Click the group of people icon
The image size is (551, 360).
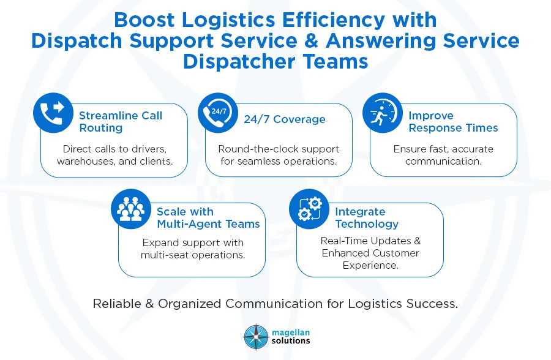(x=130, y=209)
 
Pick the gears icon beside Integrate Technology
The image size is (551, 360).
(x=309, y=209)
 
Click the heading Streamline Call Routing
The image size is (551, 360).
(x=121, y=122)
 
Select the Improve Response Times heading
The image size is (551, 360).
(x=453, y=122)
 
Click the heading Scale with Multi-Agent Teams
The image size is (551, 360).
(x=208, y=218)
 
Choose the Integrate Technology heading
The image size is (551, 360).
(x=367, y=218)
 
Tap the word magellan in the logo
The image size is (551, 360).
(x=291, y=331)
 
